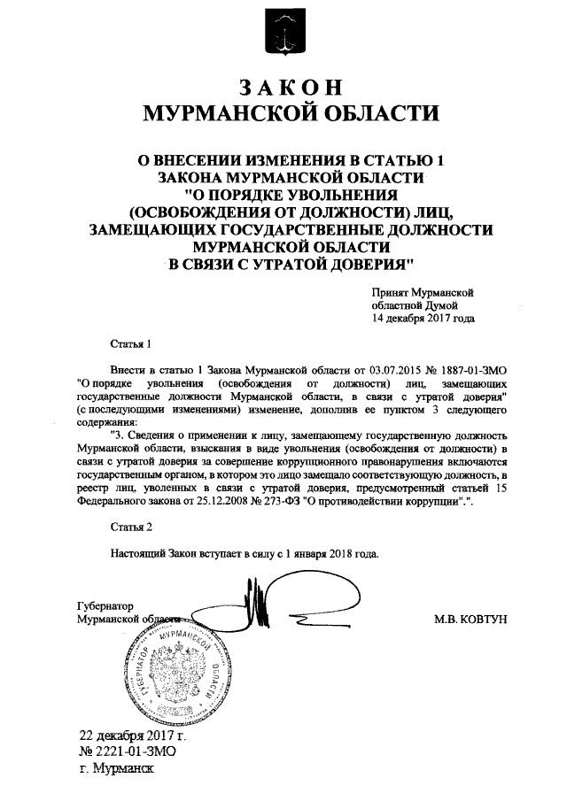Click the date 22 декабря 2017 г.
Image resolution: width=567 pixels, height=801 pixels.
coord(133,735)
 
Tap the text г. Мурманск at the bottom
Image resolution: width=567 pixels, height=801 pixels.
coord(116,767)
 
